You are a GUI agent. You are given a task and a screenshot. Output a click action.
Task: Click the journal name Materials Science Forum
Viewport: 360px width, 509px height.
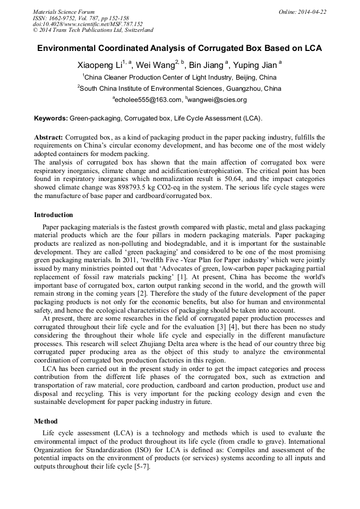tap(64, 12)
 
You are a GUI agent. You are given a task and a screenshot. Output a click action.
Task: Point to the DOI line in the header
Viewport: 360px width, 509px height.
tap(88, 24)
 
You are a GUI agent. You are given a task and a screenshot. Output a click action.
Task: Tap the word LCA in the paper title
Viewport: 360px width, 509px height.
tap(312, 48)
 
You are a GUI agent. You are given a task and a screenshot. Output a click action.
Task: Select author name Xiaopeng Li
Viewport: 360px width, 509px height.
tap(100, 66)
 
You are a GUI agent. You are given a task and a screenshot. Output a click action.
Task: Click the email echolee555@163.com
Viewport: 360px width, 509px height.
tap(147, 99)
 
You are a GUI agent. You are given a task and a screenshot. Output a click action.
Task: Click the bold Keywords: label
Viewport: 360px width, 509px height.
tap(50, 118)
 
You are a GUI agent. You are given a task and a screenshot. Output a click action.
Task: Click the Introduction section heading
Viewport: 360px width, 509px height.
tap(54, 215)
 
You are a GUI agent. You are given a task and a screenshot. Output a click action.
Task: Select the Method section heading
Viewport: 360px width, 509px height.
tap(46, 421)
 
